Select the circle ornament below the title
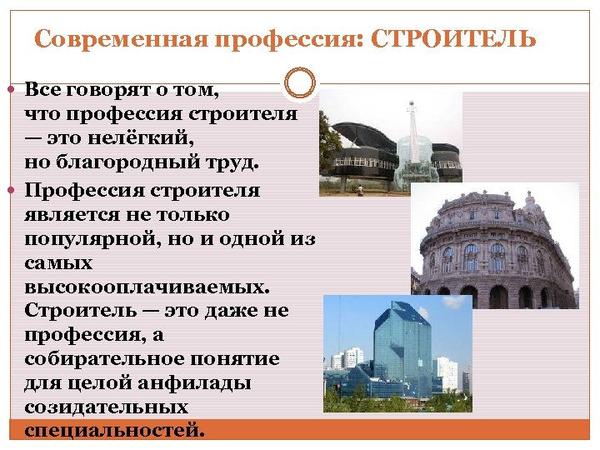point(300,82)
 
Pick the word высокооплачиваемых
point(147,287)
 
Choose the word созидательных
point(105,407)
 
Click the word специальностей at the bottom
point(113,431)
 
